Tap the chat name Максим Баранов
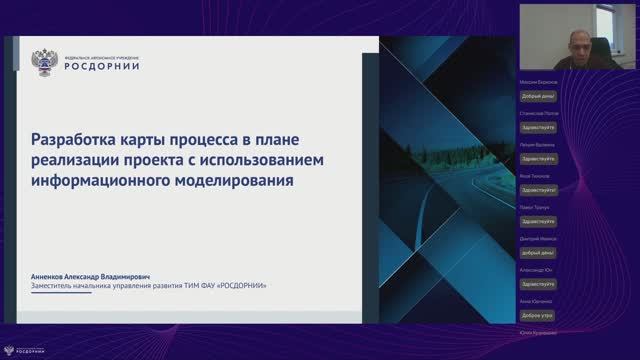click(539, 82)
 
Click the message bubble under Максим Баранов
click(538, 96)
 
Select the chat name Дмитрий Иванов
click(538, 239)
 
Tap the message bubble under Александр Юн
click(538, 285)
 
